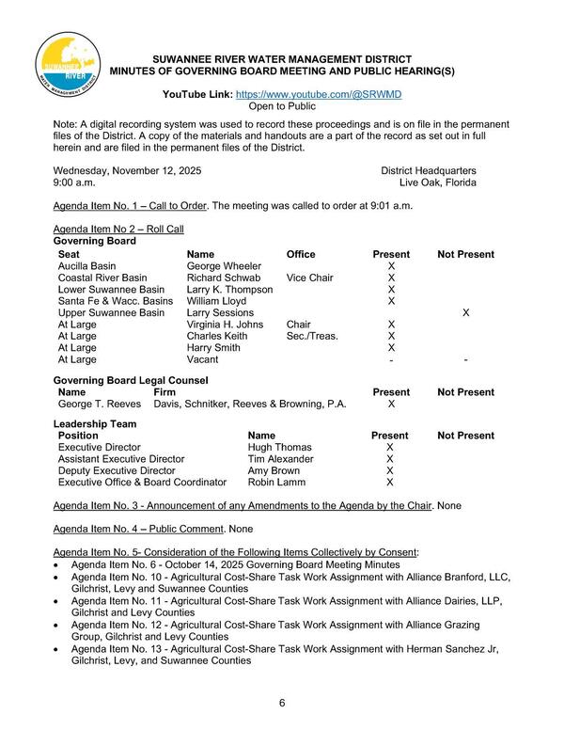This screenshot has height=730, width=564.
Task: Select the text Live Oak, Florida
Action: click(x=437, y=182)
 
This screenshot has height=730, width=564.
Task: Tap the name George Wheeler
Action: click(x=224, y=267)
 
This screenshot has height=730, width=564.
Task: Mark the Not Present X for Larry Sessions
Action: click(x=466, y=312)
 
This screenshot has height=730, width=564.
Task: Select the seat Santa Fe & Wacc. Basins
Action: click(x=116, y=301)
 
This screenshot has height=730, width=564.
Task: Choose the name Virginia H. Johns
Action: click(x=228, y=324)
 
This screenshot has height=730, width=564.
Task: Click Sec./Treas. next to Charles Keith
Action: click(x=312, y=335)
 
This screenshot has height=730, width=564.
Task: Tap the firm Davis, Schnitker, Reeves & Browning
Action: click(x=250, y=404)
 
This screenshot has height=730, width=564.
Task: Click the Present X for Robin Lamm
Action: click(x=389, y=482)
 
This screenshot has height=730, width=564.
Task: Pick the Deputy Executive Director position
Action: click(x=117, y=470)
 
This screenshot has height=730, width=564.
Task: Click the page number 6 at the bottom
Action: click(x=282, y=704)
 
